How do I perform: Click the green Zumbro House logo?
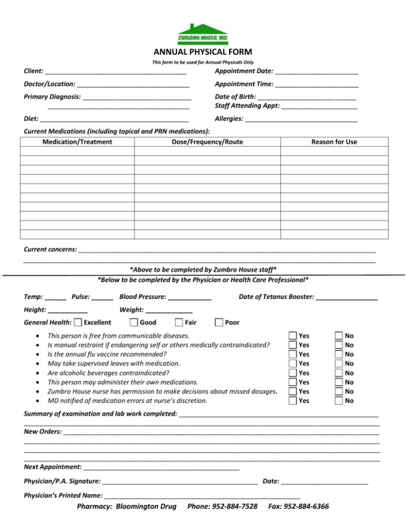[202, 34]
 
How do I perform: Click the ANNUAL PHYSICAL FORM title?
[202, 52]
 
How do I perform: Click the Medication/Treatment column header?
[77, 142]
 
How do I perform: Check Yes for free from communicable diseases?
[293, 335]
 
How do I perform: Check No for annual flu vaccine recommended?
[339, 354]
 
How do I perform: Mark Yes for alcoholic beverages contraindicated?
[293, 373]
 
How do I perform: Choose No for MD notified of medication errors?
[339, 401]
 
